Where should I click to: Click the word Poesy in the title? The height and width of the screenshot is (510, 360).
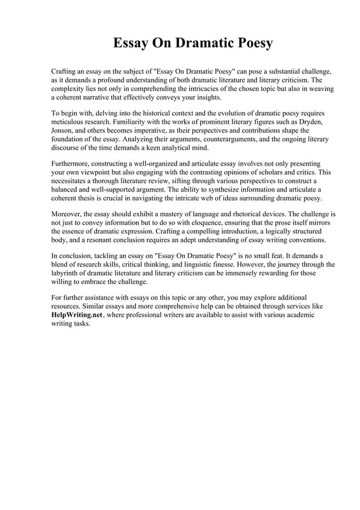[251, 43]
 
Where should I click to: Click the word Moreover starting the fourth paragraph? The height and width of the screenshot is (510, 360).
[68, 214]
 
